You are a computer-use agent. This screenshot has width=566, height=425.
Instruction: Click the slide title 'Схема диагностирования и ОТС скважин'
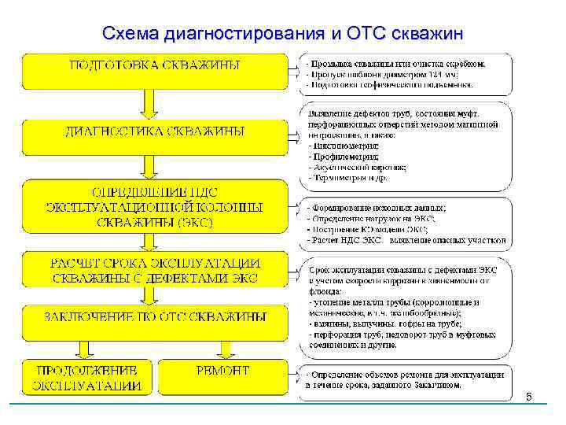[283, 34]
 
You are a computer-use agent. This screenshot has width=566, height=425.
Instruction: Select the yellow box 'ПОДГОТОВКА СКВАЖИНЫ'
[155, 70]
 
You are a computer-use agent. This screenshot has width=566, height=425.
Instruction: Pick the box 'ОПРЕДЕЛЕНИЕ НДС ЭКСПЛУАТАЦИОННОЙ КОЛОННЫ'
[155, 206]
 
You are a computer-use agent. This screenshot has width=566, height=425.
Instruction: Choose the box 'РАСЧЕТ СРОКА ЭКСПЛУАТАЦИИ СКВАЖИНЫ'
[155, 269]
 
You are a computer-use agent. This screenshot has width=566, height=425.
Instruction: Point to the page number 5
[529, 397]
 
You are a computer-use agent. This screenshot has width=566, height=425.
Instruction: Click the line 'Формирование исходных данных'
[377, 208]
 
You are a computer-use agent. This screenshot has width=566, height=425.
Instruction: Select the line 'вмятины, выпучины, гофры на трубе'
[385, 323]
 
